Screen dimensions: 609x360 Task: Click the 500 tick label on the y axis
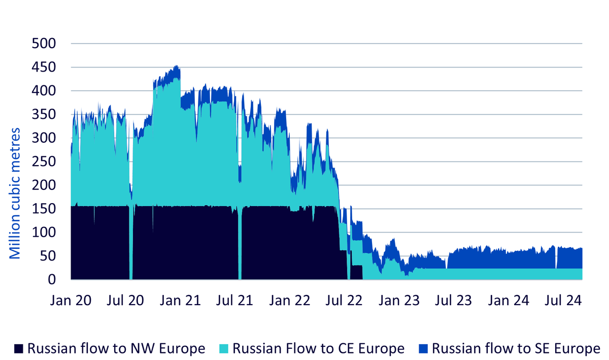[44, 44]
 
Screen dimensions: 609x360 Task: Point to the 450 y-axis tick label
[44, 67]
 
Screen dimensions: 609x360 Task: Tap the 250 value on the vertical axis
[44, 161]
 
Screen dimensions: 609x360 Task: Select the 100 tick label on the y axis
[44, 233]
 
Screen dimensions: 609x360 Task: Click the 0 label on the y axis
[52, 279]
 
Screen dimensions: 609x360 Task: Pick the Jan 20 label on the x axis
[71, 301]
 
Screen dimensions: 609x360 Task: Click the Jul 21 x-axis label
[234, 301]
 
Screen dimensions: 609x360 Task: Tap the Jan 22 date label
[290, 301]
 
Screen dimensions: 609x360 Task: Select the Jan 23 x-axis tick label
[399, 301]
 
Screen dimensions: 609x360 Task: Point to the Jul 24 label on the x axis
[563, 301]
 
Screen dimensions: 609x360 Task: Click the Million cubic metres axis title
[15, 193]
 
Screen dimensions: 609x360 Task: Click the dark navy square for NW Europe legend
[19, 349]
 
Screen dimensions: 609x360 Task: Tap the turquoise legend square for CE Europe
[224, 349]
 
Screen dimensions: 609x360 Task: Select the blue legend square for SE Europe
[423, 349]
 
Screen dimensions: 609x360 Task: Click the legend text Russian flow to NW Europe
[116, 348]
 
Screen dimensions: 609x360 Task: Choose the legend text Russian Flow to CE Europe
[318, 348]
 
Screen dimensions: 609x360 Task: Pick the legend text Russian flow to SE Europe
[516, 348]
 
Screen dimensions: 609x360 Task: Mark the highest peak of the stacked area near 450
[177, 66]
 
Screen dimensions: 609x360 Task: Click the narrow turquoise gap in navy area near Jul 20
[131, 242]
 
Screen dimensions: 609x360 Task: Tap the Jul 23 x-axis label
[453, 301]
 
